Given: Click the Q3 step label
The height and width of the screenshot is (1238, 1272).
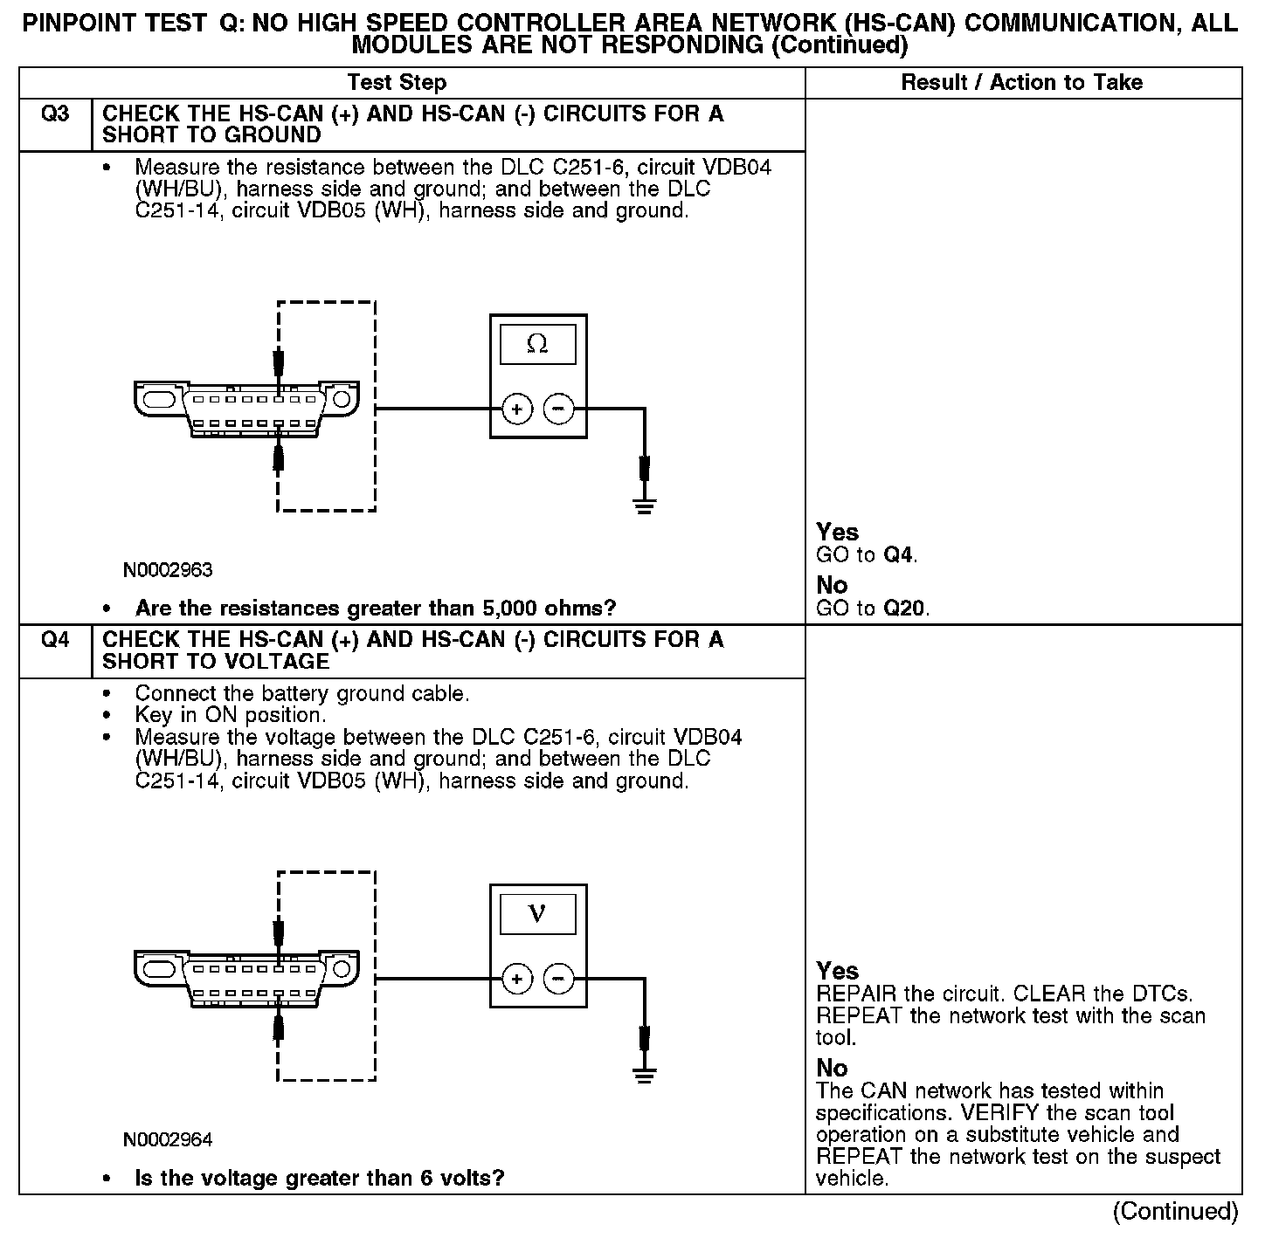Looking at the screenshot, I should click(55, 114).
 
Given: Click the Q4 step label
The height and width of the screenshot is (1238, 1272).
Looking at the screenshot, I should click(55, 641).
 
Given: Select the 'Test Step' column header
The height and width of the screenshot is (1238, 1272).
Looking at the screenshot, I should click(397, 83).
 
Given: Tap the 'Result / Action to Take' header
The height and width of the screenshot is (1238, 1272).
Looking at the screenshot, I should click(1021, 83).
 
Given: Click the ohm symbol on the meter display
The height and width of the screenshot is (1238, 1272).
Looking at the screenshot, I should click(537, 345).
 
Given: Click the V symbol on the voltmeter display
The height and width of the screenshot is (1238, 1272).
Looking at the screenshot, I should click(537, 914).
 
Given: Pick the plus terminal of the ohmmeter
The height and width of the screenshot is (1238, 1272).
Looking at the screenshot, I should click(517, 409).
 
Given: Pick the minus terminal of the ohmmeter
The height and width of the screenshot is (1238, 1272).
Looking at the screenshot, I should click(559, 409).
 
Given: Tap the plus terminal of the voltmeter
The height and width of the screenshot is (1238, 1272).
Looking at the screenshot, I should click(517, 979).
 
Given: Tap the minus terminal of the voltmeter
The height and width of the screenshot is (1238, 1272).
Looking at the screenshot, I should click(559, 979).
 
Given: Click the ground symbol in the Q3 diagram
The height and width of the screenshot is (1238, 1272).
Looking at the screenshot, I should click(645, 506).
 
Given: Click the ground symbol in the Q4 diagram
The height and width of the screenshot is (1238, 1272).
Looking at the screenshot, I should click(645, 1076).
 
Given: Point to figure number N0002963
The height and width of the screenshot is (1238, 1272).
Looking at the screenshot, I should click(168, 570).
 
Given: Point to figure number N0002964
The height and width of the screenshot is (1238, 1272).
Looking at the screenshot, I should click(168, 1140).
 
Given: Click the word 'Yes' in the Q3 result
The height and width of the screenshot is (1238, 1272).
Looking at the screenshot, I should click(837, 532).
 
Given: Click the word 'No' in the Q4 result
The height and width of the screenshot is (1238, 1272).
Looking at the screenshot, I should click(832, 1068).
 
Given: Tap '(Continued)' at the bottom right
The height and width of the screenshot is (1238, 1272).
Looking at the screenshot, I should click(1175, 1212).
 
